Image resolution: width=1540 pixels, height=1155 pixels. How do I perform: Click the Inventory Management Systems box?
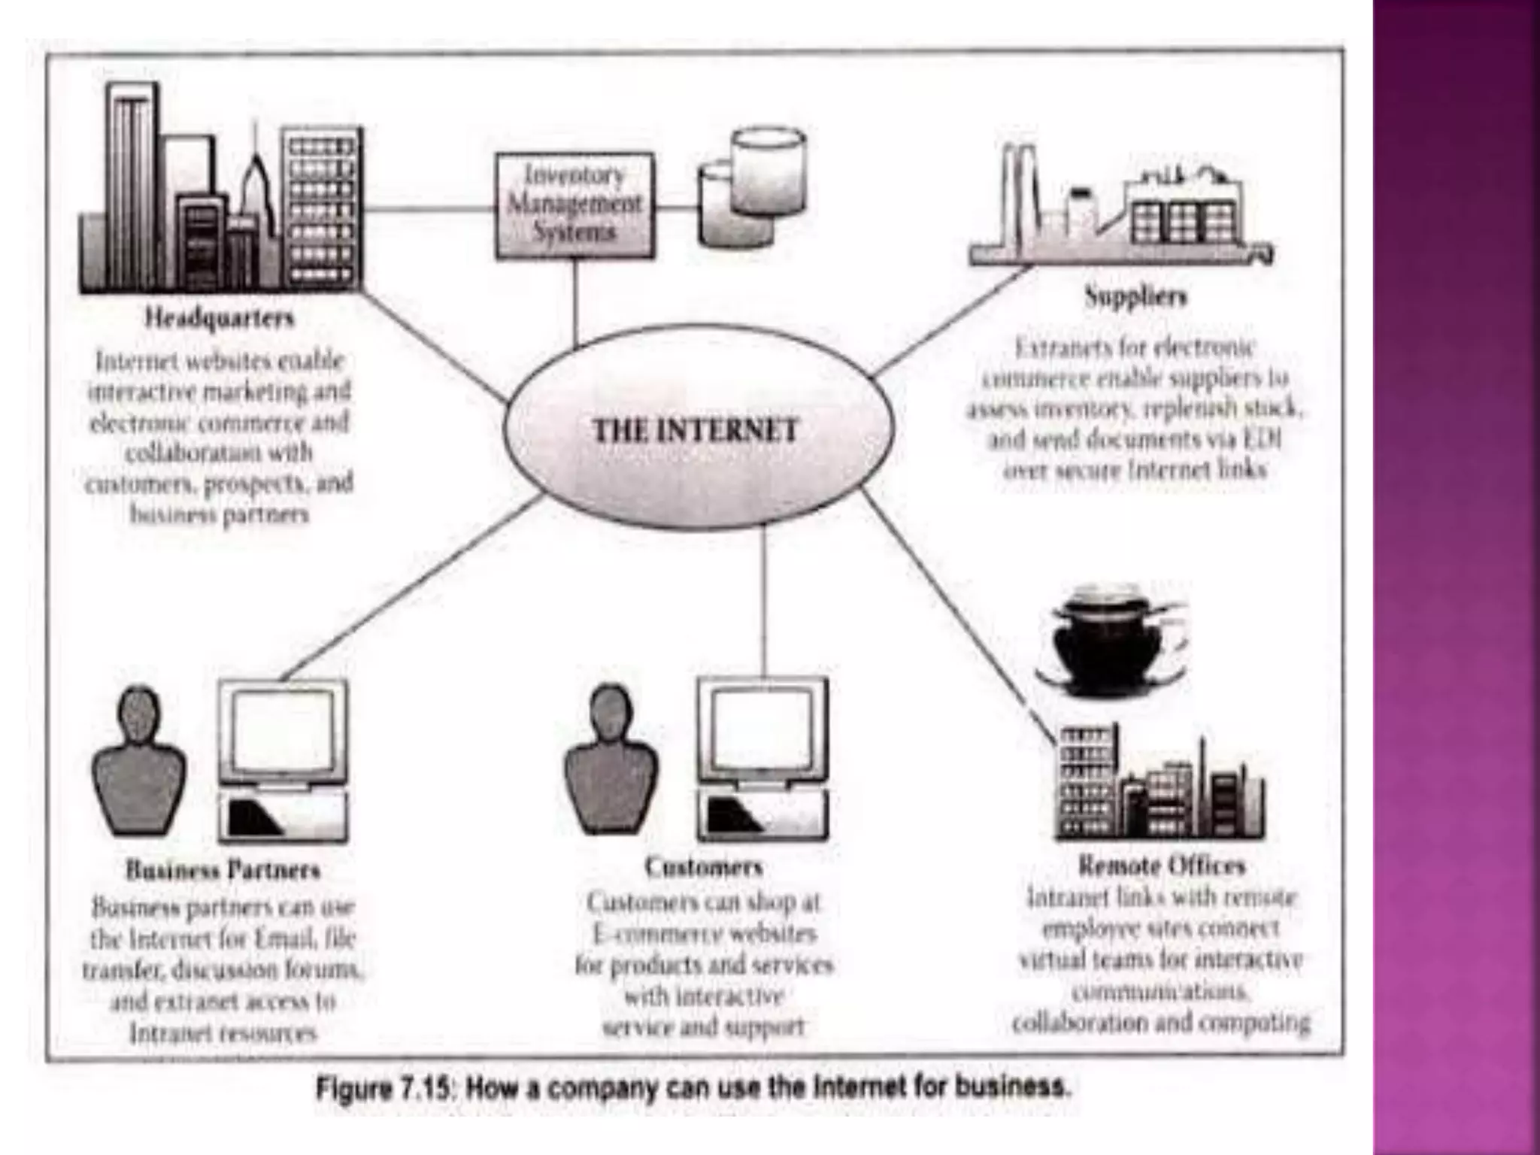574,205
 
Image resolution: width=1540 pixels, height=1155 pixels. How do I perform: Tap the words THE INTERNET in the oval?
695,431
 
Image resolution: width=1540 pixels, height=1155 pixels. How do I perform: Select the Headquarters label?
219,318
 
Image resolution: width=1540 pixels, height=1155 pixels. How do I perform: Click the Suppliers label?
1135,297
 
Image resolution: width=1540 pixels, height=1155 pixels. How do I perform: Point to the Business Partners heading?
223,871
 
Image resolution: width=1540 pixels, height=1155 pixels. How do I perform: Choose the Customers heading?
704,867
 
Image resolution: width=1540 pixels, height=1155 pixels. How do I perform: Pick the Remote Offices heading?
1162,865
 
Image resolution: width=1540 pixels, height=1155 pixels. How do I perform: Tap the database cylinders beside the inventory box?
752,188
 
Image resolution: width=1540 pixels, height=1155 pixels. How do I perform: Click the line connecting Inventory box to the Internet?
575,301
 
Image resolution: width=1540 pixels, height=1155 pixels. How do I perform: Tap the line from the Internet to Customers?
763,602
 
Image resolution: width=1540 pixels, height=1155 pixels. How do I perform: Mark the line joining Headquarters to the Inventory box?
429,208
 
